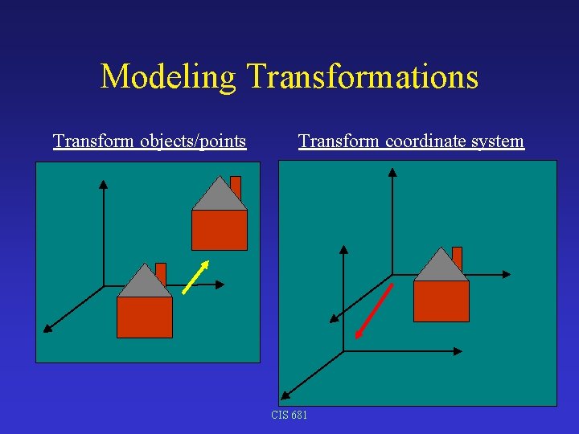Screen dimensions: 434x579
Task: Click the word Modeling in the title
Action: tap(168, 77)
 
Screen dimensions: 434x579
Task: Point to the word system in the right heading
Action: tap(498, 142)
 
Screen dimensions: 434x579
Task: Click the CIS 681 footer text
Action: tap(289, 415)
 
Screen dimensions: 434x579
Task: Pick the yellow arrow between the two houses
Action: tap(195, 277)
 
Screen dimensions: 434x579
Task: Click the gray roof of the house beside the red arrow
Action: tap(441, 268)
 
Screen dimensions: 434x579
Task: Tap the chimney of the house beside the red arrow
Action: tap(458, 256)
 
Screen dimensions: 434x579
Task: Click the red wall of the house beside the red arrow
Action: tap(441, 301)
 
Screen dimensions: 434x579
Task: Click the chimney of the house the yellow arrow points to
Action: tap(236, 186)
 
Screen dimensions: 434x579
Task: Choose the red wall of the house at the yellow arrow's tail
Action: tap(145, 317)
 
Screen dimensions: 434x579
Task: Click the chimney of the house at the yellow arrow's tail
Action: tap(161, 272)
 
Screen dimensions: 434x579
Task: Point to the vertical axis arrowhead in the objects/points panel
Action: tap(103, 184)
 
